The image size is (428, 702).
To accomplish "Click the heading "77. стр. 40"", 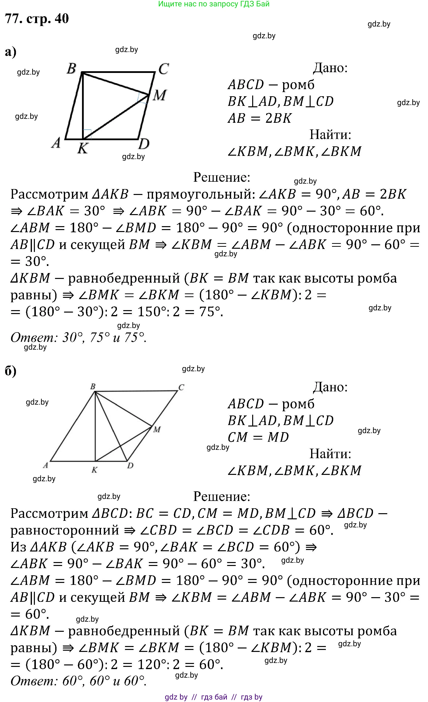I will click(x=37, y=19).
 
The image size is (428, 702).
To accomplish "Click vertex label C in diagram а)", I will click(x=164, y=69).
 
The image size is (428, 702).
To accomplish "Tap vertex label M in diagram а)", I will click(x=159, y=95).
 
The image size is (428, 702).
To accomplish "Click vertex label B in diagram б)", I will click(x=93, y=387).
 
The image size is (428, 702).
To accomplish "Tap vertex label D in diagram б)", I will click(x=130, y=466).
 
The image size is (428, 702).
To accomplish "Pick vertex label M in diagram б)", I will click(x=157, y=429).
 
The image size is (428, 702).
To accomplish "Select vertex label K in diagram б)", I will click(x=95, y=470).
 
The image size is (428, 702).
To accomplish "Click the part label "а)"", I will click(x=11, y=52).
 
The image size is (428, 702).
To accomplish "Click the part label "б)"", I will click(x=11, y=371).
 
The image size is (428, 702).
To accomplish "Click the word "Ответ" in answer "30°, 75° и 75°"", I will click(x=32, y=338).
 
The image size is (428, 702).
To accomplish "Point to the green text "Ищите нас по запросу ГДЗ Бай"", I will click(x=214, y=4).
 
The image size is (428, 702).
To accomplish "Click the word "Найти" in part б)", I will click(x=330, y=454).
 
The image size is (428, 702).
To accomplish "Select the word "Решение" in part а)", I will click(x=222, y=177).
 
